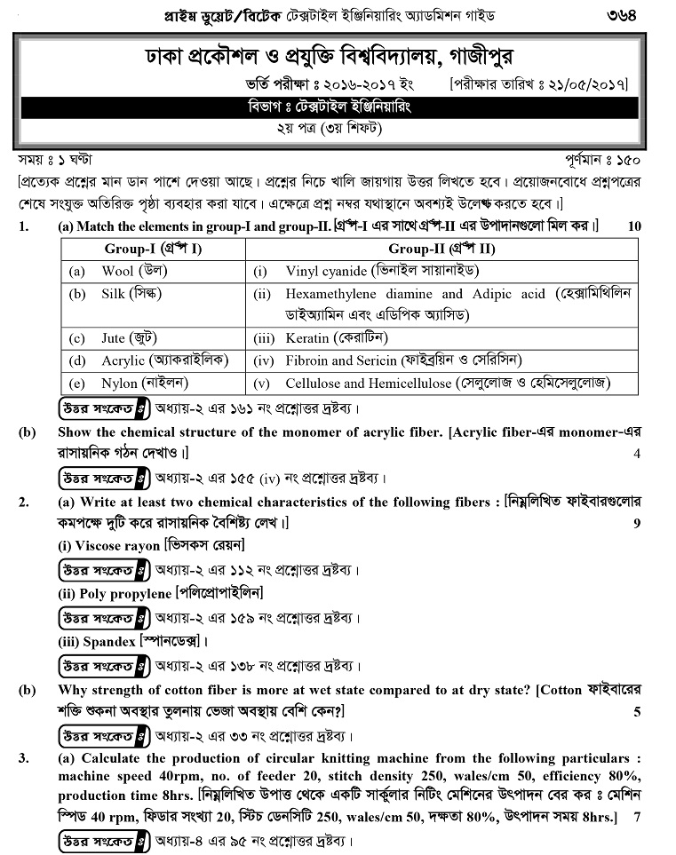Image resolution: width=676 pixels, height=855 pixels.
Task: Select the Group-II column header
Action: [441, 249]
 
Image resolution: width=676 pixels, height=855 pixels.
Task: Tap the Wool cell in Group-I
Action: [134, 270]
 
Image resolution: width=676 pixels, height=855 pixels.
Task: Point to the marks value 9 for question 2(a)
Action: [636, 524]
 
